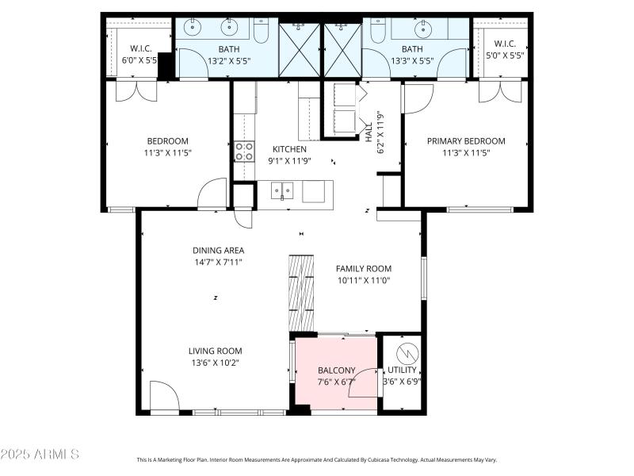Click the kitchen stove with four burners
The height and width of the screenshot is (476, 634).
click(x=244, y=152)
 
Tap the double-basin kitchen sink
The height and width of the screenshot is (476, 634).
click(x=281, y=190)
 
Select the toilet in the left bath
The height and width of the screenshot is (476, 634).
click(x=261, y=31)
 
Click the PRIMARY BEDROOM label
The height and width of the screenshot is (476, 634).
click(x=466, y=141)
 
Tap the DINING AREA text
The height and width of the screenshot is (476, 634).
click(x=218, y=250)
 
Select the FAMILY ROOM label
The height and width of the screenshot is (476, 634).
click(x=363, y=268)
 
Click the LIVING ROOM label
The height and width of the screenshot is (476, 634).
click(x=215, y=351)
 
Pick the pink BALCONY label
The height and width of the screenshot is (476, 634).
click(x=336, y=370)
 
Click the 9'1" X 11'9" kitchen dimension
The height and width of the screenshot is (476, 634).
click(x=289, y=160)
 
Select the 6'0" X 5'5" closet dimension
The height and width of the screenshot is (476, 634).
click(x=139, y=59)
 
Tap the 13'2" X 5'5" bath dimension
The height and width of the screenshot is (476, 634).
click(x=230, y=59)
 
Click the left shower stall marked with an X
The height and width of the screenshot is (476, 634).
click(x=300, y=50)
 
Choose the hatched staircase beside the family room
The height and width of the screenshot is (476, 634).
click(x=300, y=292)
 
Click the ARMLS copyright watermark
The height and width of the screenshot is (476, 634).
click(x=40, y=455)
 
